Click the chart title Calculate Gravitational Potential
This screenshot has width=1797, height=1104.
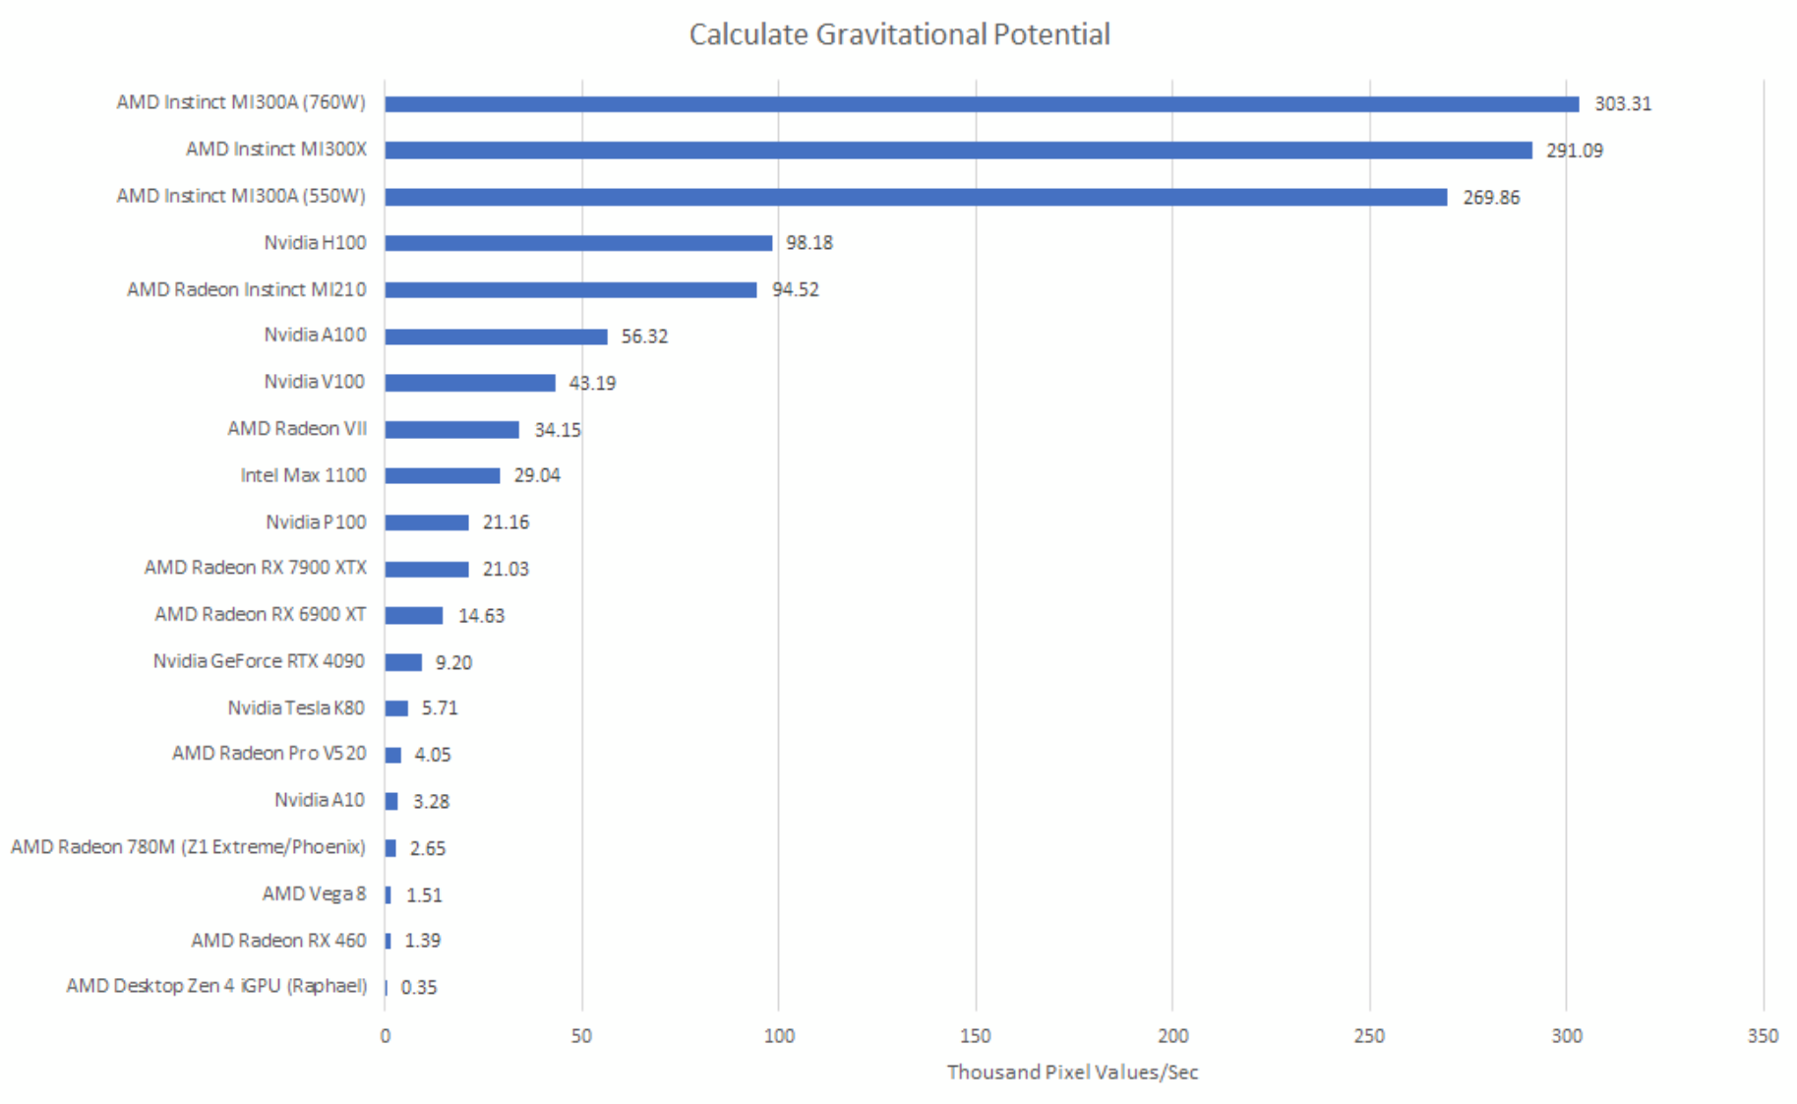click(x=899, y=34)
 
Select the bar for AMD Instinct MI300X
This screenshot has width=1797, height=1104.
click(x=958, y=151)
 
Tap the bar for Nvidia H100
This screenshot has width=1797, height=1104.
click(x=578, y=243)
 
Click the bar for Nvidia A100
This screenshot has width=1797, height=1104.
click(x=496, y=337)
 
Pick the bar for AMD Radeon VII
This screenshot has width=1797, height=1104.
click(x=451, y=430)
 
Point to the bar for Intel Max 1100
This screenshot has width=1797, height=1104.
click(x=442, y=476)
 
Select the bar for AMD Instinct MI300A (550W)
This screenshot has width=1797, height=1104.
click(x=916, y=197)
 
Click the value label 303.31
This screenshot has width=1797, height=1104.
click(x=1622, y=104)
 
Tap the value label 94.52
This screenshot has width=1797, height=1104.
click(x=795, y=290)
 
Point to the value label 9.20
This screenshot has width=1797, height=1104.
click(x=453, y=663)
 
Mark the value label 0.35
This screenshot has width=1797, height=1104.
click(x=419, y=988)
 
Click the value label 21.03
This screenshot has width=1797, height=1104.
click(x=506, y=570)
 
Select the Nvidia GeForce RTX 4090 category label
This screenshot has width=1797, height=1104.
click(x=259, y=661)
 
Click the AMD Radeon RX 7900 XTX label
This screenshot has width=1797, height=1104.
click(x=256, y=568)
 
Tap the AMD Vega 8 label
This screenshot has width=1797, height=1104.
click(x=314, y=894)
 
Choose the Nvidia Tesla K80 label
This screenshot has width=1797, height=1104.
click(x=296, y=708)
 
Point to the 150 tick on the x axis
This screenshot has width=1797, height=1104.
click(x=976, y=1036)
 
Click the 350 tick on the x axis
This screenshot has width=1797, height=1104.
click(x=1763, y=1036)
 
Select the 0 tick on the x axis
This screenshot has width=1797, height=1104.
click(x=385, y=1036)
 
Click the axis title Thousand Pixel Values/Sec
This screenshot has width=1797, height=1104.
click(x=1072, y=1073)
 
